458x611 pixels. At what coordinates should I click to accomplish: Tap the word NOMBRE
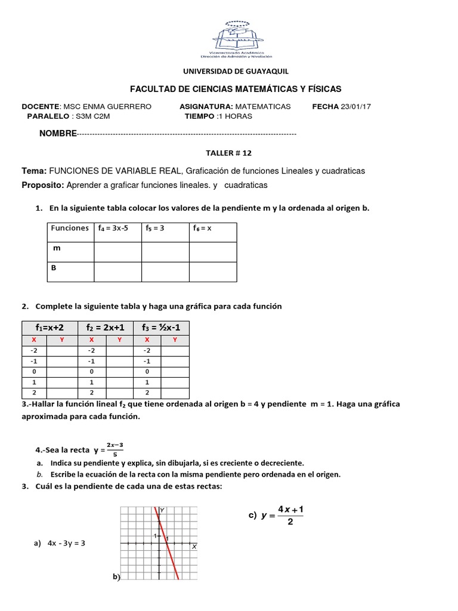pos(58,134)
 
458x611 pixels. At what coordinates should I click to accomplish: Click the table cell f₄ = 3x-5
pos(113,228)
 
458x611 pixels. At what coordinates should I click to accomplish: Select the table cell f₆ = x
pos(203,228)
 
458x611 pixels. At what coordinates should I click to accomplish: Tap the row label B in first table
pos(54,268)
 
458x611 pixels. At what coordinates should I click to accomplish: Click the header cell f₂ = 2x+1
pos(105,327)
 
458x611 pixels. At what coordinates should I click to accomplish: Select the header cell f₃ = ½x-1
pos(161,327)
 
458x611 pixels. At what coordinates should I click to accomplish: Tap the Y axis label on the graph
pos(162,511)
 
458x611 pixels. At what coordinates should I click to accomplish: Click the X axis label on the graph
pos(194,547)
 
